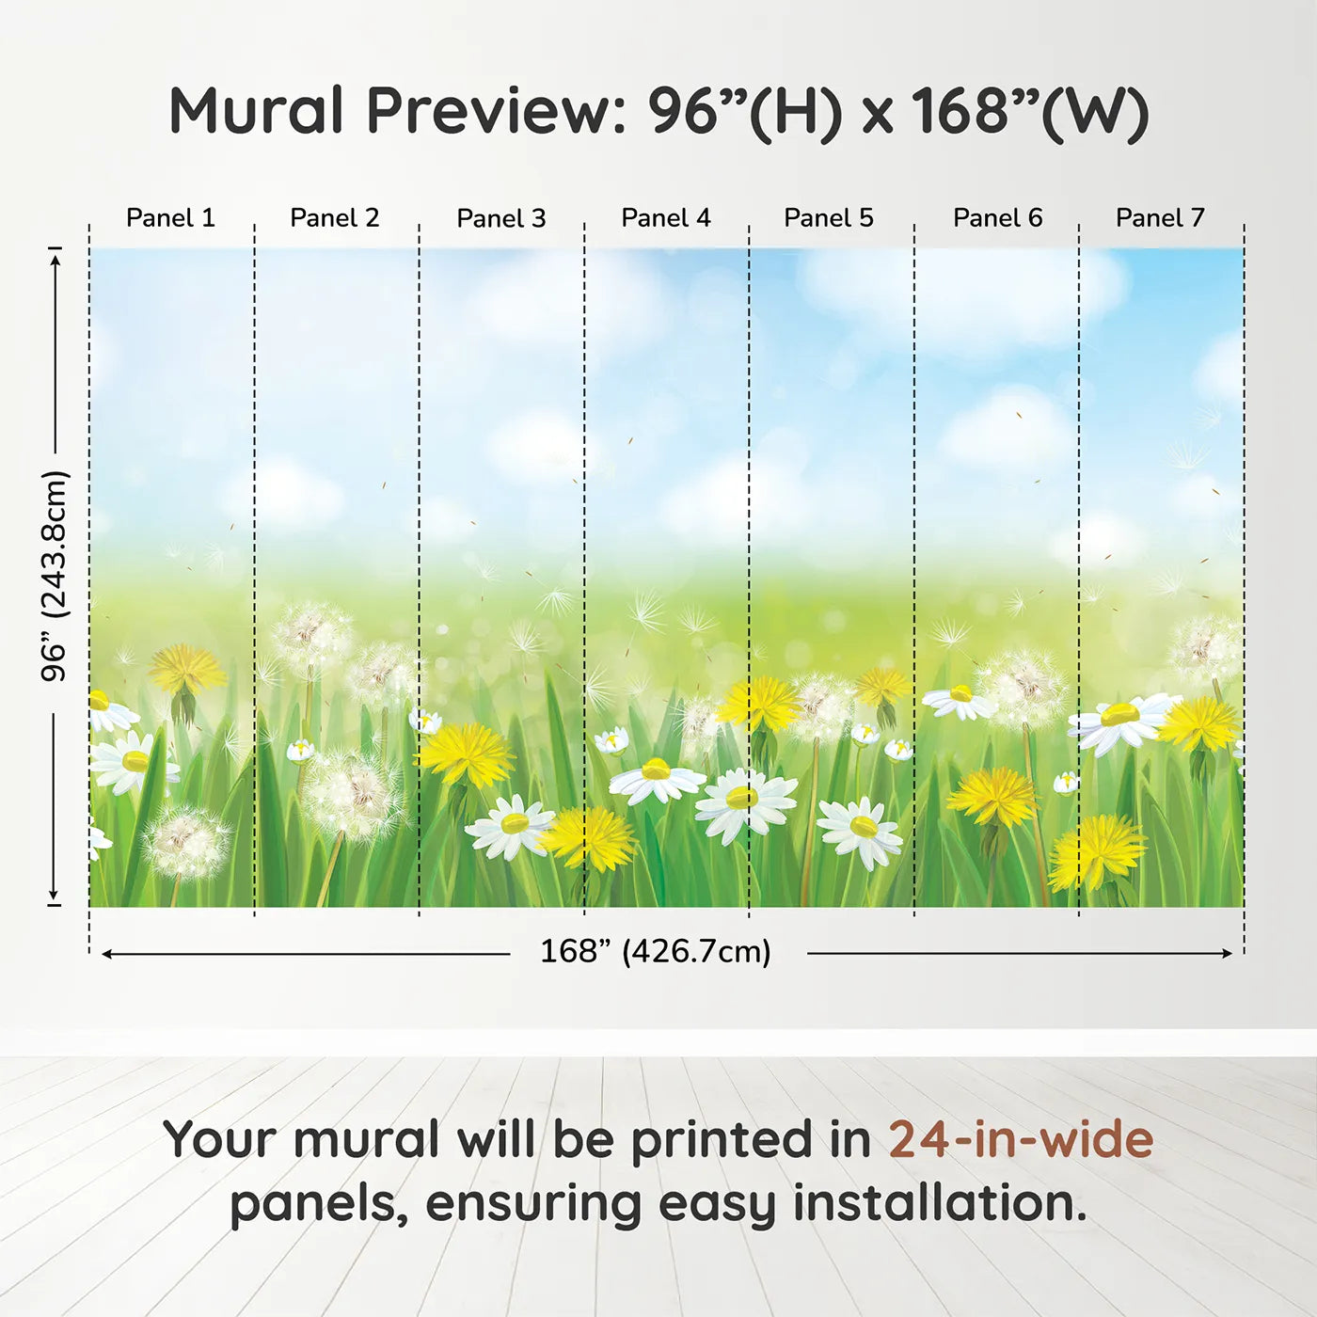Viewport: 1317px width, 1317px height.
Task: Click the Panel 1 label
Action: point(171,218)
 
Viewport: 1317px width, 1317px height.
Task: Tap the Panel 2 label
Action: point(335,218)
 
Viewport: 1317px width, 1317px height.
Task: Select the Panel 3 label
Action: point(501,218)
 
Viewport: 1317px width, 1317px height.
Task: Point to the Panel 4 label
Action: point(666,218)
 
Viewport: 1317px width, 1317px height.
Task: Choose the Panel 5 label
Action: point(829,218)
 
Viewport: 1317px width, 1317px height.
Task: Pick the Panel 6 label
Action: point(998,218)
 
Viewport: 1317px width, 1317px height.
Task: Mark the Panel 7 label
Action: point(1160,218)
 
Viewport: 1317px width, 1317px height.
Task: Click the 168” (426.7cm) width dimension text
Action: point(656,952)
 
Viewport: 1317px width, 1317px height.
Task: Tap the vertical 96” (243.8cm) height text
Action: point(55,576)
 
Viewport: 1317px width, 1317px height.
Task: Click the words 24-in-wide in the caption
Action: point(1021,1139)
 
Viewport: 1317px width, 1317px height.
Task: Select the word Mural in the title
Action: point(256,110)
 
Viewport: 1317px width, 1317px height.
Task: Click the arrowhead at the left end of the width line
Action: point(106,954)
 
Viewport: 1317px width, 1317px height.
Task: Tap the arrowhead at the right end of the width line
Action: point(1228,953)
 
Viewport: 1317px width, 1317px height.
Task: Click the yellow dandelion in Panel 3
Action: point(467,754)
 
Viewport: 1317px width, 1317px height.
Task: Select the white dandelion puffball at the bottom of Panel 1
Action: point(185,841)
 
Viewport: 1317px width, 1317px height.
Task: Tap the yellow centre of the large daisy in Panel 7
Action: point(1120,715)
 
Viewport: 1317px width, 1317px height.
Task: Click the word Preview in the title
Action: point(485,110)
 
